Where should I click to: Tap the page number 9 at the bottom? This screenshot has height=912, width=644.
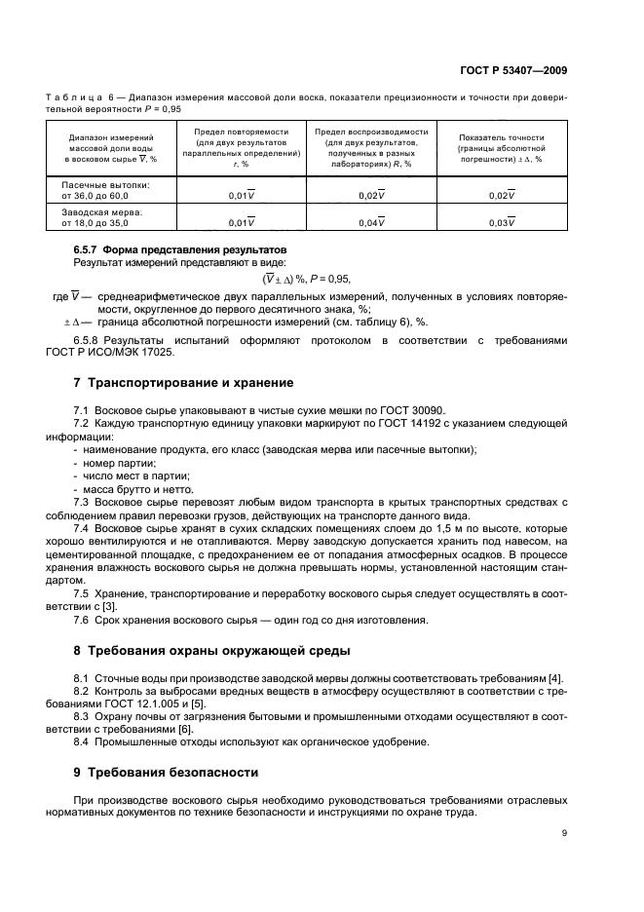tap(564, 832)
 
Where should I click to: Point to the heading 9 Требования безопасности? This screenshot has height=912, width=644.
tap(167, 772)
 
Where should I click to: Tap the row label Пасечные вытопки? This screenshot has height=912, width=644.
tap(105, 183)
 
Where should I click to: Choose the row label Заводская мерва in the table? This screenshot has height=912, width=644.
tap(102, 211)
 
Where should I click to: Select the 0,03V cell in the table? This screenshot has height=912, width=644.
tap(501, 223)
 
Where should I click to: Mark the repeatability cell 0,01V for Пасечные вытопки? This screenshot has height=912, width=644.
tap(241, 195)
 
